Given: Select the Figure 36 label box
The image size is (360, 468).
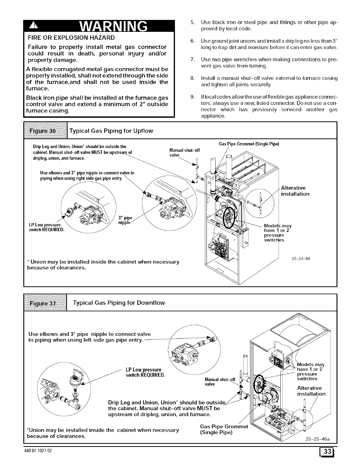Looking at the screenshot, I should (46, 131).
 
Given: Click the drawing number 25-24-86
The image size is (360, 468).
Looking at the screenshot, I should (301, 258).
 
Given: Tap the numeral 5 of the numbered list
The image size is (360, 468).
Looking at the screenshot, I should (192, 22).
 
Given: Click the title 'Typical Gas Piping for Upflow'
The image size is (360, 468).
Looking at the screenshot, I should (111, 131).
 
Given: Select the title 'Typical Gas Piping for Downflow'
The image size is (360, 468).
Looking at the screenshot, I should (119, 303).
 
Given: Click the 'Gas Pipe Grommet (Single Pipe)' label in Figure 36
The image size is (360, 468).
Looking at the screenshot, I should (249, 144).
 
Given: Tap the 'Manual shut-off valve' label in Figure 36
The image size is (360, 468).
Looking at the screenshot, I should (184, 153).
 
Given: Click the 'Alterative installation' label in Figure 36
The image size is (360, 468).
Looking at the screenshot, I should (295, 191).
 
